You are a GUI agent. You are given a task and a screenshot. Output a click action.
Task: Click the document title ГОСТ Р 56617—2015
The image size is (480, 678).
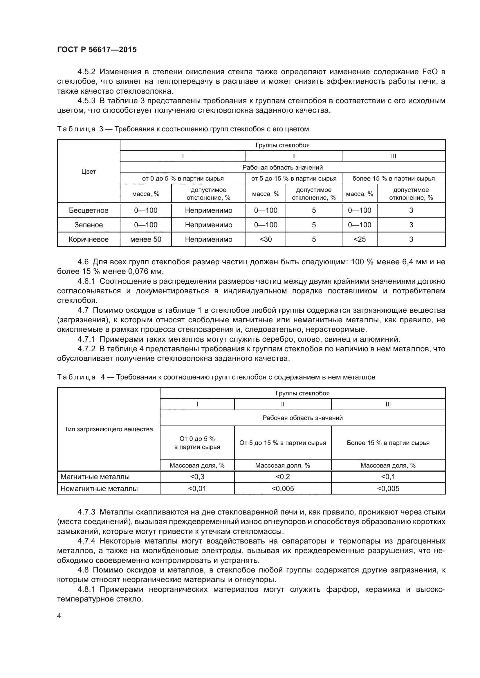click(97, 50)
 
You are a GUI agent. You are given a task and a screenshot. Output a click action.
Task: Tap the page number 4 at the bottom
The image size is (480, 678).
click(59, 616)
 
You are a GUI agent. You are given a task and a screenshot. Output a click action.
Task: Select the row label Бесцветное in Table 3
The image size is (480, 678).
click(89, 210)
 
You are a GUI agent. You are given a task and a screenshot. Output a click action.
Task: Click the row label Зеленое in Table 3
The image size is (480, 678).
click(89, 225)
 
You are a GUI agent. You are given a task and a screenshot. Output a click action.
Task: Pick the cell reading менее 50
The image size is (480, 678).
click(146, 239)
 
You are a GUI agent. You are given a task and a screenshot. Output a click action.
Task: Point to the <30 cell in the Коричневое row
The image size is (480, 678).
click(266, 239)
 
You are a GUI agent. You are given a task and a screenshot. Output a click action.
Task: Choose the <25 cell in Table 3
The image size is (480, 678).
click(359, 239)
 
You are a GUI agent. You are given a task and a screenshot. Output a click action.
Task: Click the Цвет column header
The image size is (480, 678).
click(89, 172)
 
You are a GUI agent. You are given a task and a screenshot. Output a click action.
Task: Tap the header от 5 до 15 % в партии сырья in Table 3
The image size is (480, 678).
click(293, 179)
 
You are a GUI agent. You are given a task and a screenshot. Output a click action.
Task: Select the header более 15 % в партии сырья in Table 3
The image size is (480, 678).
click(394, 179)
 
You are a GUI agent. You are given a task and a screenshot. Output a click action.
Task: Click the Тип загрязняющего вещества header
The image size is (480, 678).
click(109, 429)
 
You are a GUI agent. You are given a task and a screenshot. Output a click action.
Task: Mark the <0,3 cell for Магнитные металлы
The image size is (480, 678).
click(197, 477)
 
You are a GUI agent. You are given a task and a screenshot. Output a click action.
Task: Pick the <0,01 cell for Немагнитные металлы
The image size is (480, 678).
click(197, 489)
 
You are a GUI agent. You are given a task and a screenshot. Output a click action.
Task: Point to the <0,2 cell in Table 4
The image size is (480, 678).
click(283, 477)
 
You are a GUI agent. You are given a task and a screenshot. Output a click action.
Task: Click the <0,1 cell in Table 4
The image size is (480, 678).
click(388, 477)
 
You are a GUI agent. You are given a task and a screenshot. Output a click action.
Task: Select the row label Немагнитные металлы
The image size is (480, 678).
click(99, 489)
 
